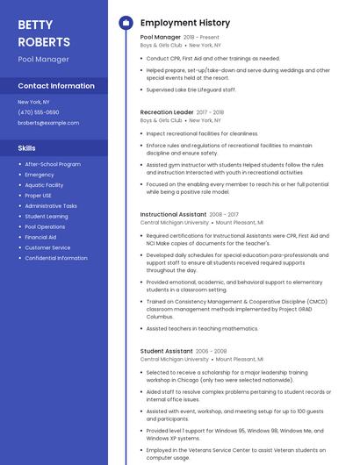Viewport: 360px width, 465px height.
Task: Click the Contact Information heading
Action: (x=56, y=86)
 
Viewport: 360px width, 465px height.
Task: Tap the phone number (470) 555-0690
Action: (x=39, y=112)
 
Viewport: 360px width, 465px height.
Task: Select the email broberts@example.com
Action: (x=48, y=123)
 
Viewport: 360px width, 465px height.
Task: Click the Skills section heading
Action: (x=27, y=148)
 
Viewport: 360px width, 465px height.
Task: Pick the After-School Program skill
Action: (x=53, y=164)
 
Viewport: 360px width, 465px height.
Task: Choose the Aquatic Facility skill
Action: (x=44, y=185)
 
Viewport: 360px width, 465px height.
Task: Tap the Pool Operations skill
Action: (x=45, y=226)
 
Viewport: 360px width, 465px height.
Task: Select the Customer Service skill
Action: (x=47, y=247)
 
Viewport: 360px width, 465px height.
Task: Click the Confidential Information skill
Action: (x=56, y=258)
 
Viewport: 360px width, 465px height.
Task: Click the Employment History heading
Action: (x=185, y=23)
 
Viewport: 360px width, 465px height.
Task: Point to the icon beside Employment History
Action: (x=126, y=23)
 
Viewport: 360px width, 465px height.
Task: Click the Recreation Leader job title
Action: (x=167, y=112)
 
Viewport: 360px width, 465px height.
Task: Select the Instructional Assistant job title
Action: (x=173, y=214)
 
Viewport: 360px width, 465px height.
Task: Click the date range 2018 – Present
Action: (x=201, y=38)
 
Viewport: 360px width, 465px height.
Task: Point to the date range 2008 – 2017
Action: (x=224, y=214)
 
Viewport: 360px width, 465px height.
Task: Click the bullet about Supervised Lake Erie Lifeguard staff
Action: (x=191, y=89)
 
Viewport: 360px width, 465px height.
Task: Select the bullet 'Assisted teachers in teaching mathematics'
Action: (x=202, y=328)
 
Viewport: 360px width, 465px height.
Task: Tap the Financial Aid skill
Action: (x=40, y=237)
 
